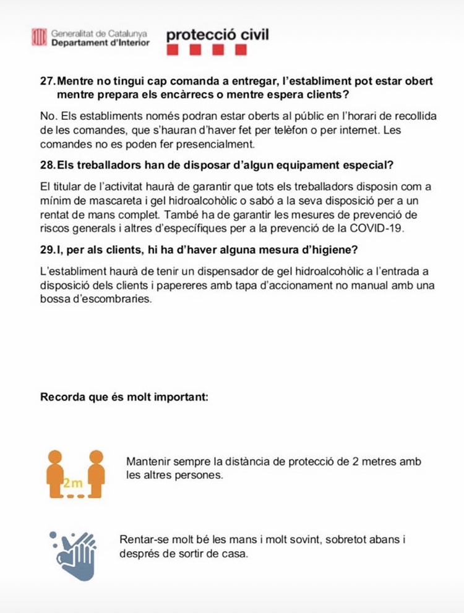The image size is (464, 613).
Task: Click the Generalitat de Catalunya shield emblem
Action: pos(39,37)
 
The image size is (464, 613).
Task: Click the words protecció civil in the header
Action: pos(217,35)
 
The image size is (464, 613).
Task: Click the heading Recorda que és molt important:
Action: pos(124,397)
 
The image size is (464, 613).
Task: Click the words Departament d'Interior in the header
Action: pos(100,43)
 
